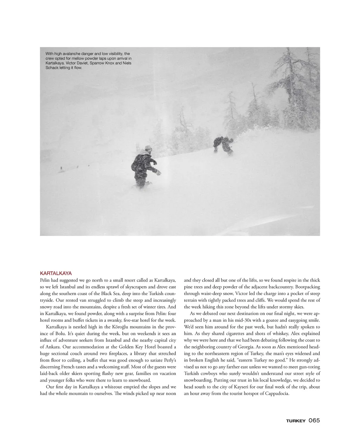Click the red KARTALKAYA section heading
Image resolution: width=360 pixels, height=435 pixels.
[56, 273]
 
